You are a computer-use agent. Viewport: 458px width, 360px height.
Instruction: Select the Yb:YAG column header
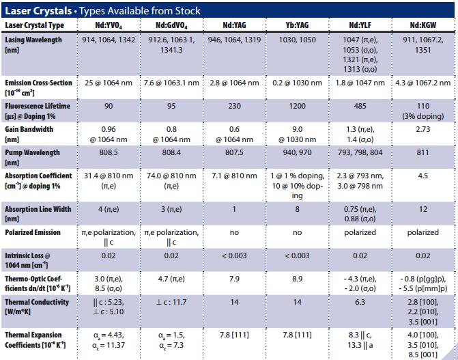coord(297,26)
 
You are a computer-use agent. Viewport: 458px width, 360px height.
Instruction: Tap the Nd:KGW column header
coord(423,26)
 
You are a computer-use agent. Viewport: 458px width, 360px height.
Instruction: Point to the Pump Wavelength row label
coord(33,156)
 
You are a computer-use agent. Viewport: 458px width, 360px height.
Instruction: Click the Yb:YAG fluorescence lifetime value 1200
coord(297,107)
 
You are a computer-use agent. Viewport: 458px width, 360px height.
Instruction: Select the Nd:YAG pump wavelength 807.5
coord(233,152)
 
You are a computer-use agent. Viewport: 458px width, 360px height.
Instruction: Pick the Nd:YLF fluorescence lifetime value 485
coord(360,107)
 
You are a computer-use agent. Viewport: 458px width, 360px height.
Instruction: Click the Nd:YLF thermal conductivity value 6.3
coord(360,301)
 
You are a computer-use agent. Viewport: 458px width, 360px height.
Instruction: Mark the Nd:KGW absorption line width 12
coord(423,209)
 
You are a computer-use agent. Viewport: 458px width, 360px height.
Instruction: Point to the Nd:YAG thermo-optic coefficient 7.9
coord(233,278)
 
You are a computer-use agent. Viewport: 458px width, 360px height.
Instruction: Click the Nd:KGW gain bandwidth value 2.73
coord(423,129)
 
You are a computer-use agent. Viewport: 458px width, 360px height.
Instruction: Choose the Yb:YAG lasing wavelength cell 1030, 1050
coord(297,40)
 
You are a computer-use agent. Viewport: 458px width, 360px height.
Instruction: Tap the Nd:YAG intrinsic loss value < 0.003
coord(233,255)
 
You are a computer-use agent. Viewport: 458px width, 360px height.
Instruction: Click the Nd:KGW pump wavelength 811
coord(423,152)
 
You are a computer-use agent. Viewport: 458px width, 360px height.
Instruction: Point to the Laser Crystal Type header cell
coord(35,26)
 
